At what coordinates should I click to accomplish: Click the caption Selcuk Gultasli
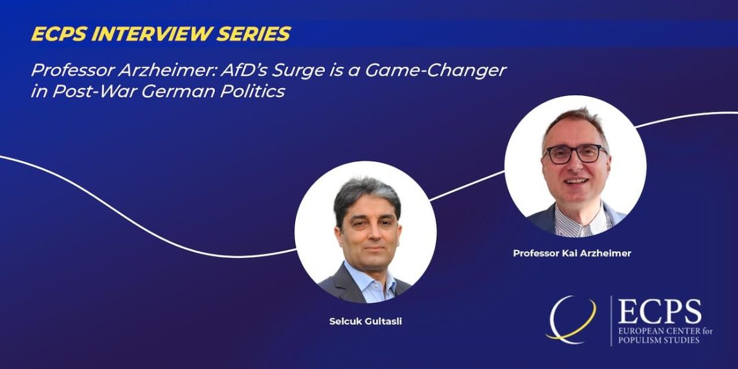(366, 322)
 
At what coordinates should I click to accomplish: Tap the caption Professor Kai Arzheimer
(572, 253)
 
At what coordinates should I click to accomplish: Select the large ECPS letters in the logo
(660, 312)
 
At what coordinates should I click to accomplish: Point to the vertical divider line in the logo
(611, 321)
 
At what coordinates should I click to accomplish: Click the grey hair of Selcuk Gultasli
(366, 196)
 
